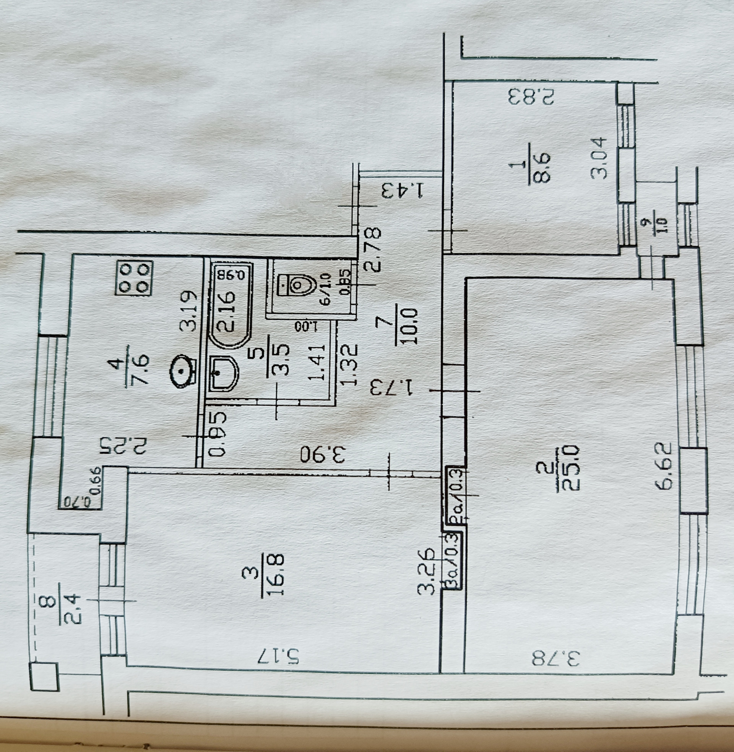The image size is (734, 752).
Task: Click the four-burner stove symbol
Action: [134, 278]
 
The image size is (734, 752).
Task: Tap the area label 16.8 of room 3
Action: [278, 575]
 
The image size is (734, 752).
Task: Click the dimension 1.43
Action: [403, 191]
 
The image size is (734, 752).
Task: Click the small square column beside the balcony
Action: [44, 676]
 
